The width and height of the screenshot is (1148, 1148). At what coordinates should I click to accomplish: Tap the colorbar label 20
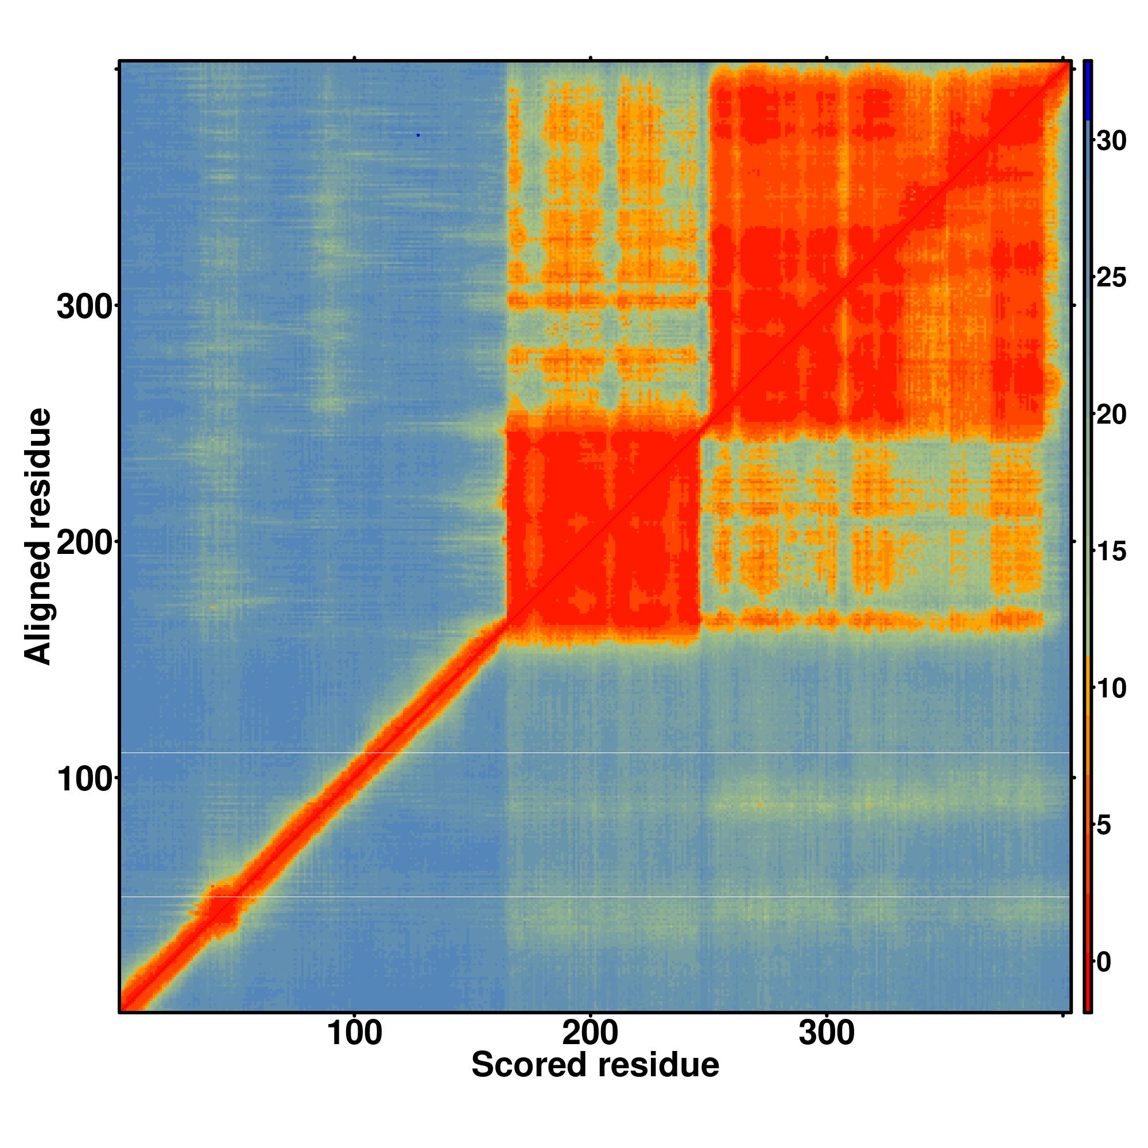(1111, 415)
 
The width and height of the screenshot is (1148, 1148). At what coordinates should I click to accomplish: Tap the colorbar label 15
(1111, 552)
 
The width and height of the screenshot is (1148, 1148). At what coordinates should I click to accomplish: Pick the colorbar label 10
(1111, 688)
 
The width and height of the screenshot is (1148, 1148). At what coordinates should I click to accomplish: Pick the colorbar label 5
(1103, 825)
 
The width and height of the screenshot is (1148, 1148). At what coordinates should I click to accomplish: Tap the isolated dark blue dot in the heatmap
(418, 135)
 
